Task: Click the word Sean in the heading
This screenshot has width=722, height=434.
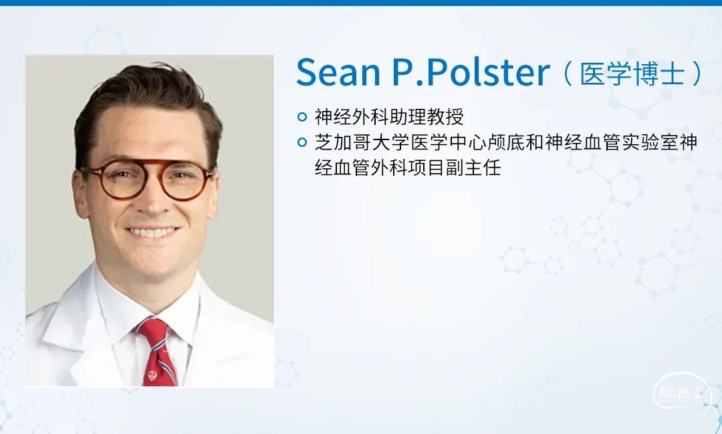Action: (338, 72)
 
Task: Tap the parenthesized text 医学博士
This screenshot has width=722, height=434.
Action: (632, 73)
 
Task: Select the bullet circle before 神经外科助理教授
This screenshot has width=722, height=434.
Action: (302, 117)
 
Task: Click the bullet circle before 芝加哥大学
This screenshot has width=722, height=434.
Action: (302, 142)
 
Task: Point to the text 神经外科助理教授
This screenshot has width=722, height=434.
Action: (389, 117)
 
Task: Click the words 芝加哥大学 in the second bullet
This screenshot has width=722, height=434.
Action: (362, 142)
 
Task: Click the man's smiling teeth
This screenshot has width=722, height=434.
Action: (152, 232)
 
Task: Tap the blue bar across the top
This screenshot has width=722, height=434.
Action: (361, 3)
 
